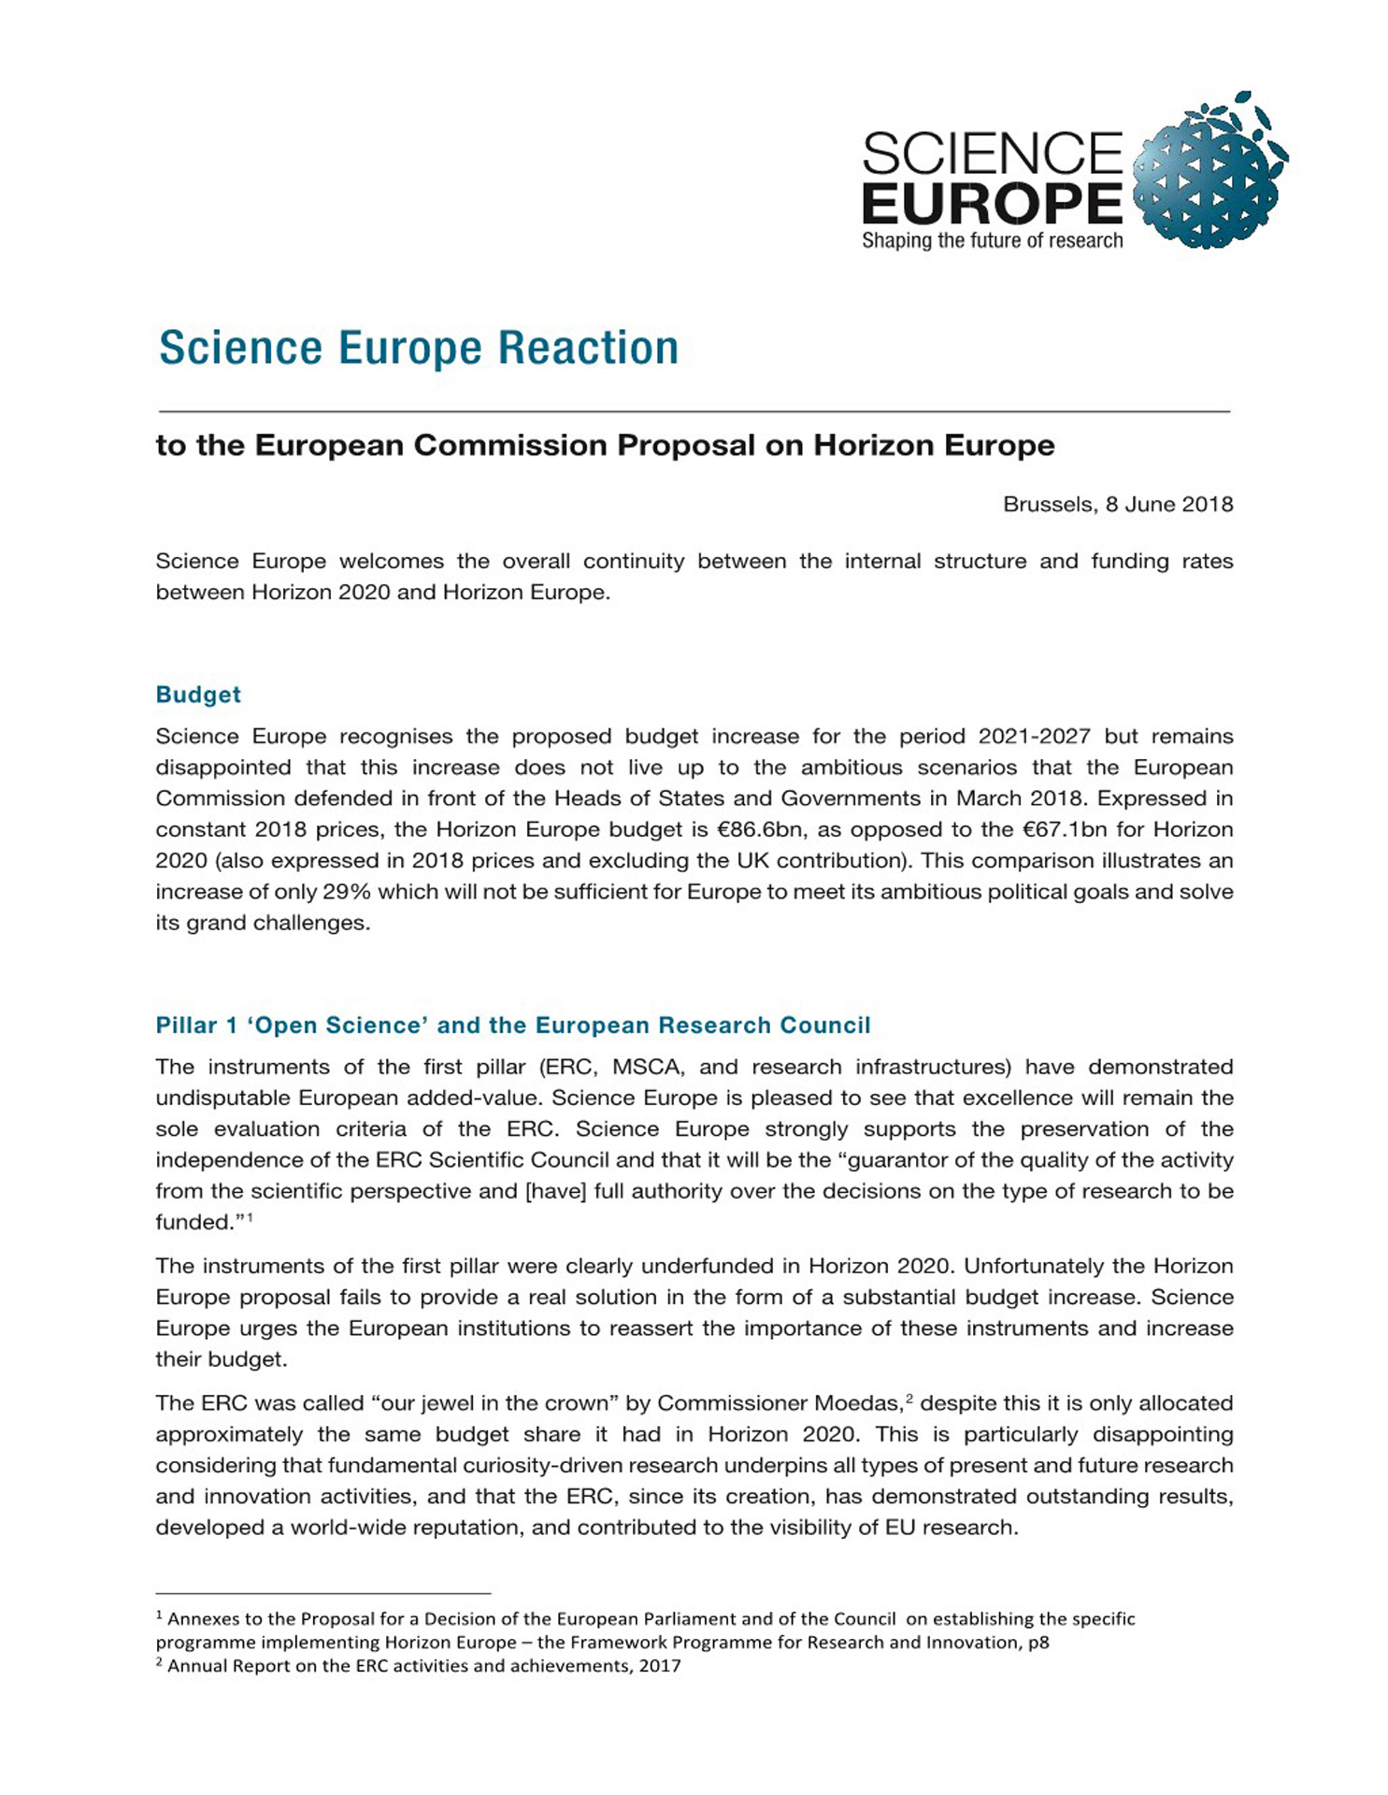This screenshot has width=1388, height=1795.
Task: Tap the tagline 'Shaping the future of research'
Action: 992,241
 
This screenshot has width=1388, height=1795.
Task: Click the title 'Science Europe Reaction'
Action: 419,348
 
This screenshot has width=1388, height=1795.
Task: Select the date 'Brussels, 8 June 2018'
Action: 1118,505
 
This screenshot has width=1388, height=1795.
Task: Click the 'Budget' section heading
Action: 198,695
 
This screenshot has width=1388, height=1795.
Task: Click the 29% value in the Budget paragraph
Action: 347,892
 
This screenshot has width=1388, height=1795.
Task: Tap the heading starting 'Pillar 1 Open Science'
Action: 513,1026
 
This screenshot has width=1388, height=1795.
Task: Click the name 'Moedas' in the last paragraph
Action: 856,1404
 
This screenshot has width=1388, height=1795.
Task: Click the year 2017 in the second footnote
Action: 660,1666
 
